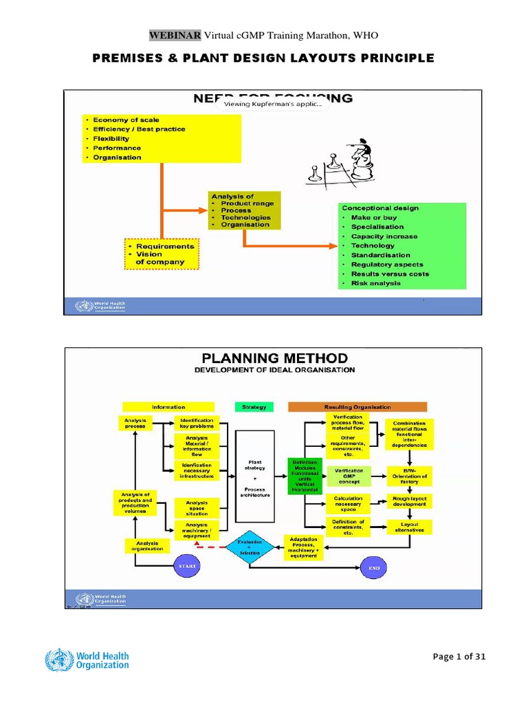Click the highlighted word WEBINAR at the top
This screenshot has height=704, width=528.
[x=175, y=35]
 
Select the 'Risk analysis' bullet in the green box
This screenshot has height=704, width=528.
[x=375, y=283]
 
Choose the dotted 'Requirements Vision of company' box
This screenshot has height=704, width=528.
[x=160, y=254]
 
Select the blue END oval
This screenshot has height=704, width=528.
[x=375, y=568]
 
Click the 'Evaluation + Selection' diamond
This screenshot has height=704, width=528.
[x=249, y=547]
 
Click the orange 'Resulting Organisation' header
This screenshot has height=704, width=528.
[x=357, y=407]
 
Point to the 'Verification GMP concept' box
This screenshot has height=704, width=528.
[x=349, y=476]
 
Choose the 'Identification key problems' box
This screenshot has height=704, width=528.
[x=197, y=423]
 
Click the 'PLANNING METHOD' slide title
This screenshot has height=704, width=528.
[x=274, y=358]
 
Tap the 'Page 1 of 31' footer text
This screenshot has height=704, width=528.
[x=459, y=657]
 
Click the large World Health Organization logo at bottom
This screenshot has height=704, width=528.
[x=87, y=659]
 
